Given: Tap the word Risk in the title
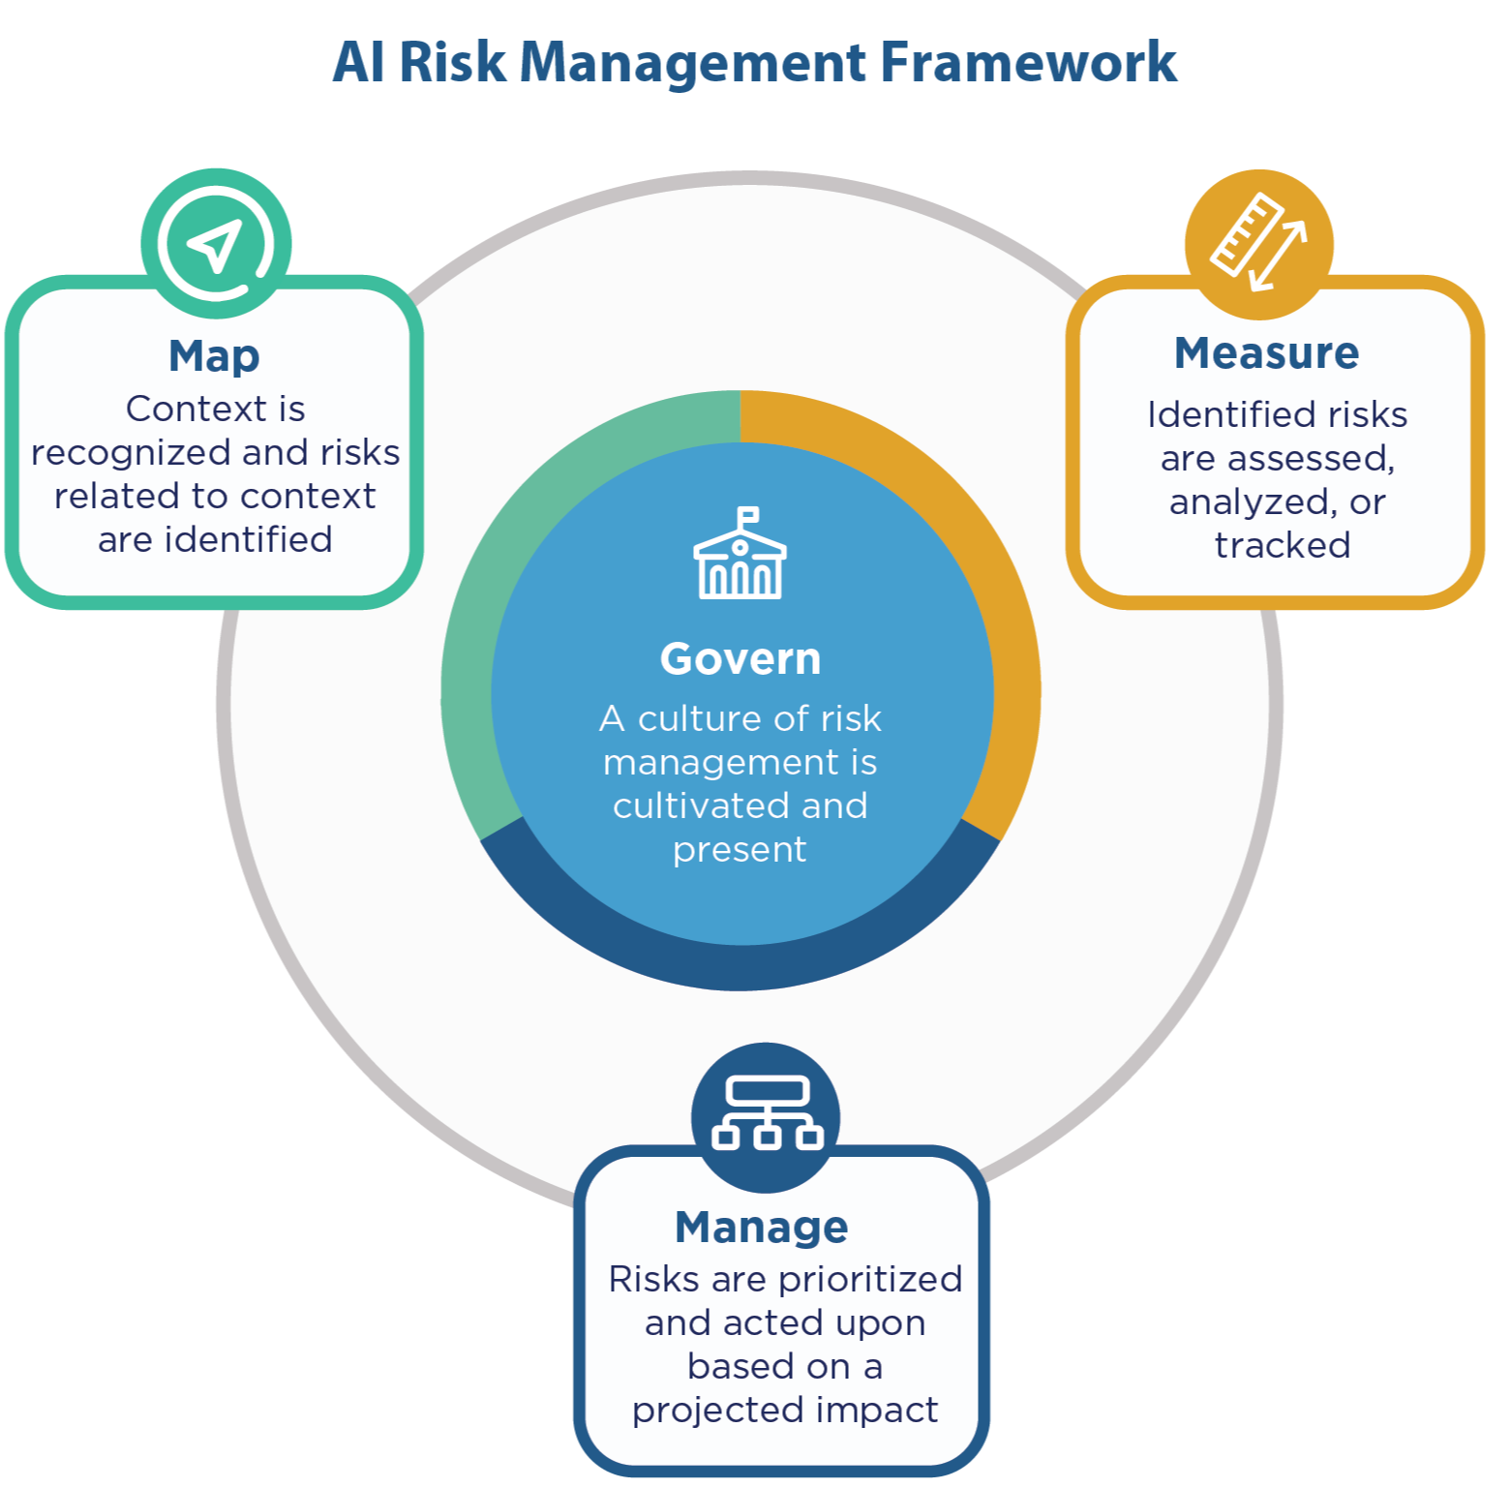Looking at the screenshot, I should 452,62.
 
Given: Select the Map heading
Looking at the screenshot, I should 214,356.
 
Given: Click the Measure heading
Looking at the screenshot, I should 1266,353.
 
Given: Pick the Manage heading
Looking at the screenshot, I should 762,1228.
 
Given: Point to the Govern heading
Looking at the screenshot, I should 740,659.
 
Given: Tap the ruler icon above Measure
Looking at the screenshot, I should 1247,233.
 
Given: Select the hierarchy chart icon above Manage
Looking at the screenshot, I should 767,1113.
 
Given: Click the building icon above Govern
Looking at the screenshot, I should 740,562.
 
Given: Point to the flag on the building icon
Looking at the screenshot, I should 748,514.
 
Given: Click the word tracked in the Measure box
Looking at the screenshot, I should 1282,546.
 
